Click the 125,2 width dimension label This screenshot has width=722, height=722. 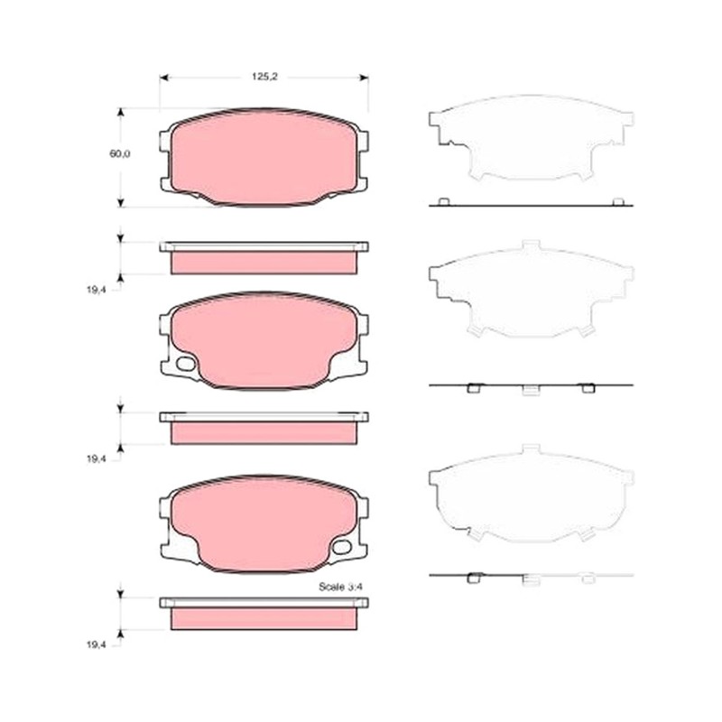[x=264, y=77]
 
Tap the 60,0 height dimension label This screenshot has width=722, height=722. [x=120, y=153]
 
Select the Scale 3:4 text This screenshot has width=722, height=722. [x=341, y=587]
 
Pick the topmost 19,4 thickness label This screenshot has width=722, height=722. [x=96, y=290]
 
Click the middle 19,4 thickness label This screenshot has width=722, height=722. [x=96, y=458]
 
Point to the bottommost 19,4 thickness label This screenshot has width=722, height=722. [x=96, y=644]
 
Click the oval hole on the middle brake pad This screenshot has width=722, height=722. [x=186, y=364]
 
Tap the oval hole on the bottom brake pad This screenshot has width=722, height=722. [x=342, y=547]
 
